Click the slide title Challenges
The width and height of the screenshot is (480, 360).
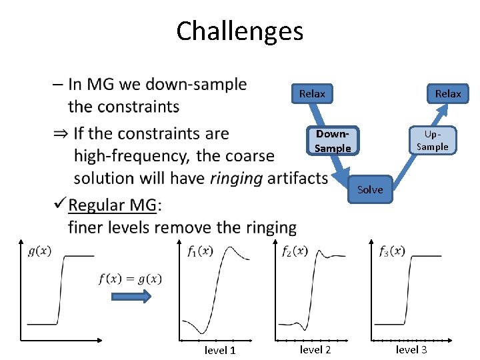[239, 31]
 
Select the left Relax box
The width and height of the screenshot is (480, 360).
[312, 94]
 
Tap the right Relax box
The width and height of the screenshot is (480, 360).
[447, 94]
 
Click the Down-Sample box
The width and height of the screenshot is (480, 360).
[333, 141]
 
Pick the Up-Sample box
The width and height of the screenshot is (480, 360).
[432, 141]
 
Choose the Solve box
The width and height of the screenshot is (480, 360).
[370, 190]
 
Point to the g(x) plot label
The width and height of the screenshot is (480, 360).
[39, 251]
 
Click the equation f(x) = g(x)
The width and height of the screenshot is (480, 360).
[130, 279]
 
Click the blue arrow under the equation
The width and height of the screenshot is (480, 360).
[130, 297]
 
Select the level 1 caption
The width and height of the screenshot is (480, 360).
[220, 350]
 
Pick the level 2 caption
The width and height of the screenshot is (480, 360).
[316, 349]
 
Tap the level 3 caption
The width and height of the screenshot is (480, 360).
[411, 349]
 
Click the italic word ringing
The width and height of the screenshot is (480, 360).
[236, 178]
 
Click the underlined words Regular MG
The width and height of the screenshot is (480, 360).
[113, 204]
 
